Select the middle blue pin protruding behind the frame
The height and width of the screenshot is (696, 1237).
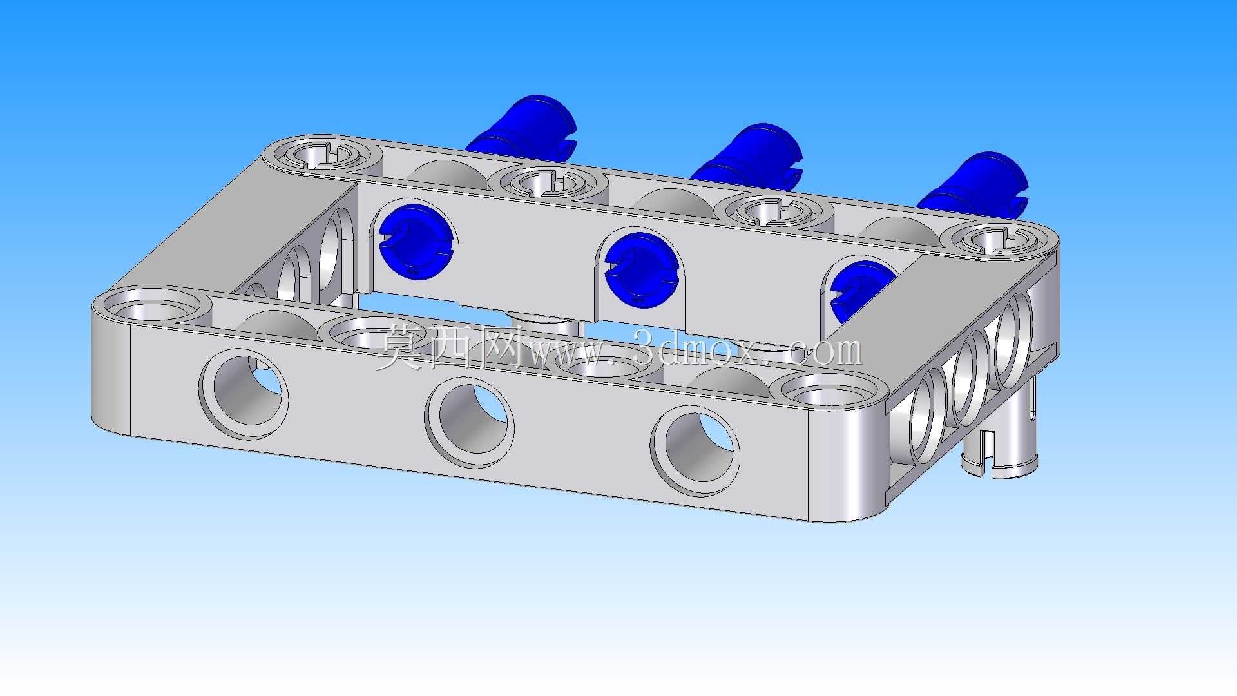(x=747, y=155)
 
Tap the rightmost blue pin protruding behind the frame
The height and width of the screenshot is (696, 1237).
(x=973, y=183)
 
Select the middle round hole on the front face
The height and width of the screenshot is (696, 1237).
(x=470, y=422)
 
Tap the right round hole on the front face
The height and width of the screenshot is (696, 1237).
(x=696, y=450)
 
